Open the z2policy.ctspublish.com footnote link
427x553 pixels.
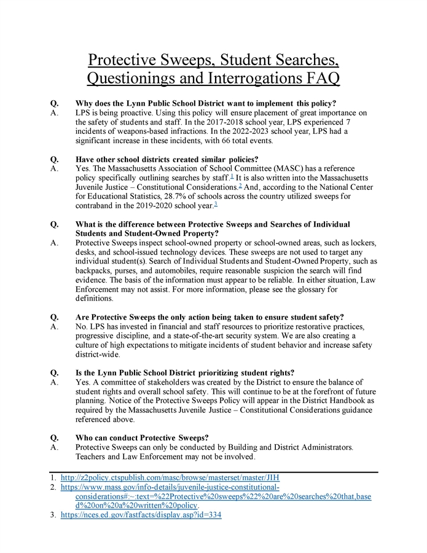click(170, 477)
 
